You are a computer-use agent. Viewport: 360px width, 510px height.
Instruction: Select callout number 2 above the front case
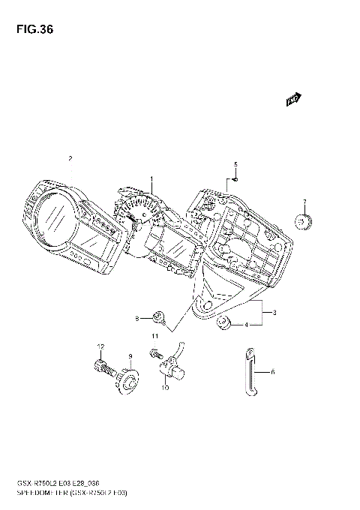(70, 159)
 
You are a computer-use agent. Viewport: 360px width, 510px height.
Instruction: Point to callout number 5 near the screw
(235, 164)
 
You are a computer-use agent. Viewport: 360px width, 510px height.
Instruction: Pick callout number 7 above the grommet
(304, 202)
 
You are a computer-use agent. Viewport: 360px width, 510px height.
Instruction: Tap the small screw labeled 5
(234, 178)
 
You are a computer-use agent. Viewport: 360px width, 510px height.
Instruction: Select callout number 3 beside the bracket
(275, 312)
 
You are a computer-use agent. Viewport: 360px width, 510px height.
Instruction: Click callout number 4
(245, 325)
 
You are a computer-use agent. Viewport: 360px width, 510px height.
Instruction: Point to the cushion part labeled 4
(223, 323)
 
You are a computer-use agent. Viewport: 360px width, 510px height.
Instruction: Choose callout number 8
(138, 319)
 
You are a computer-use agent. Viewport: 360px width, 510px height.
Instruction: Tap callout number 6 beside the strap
(272, 371)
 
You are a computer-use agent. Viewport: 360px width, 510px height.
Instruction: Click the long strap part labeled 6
(250, 371)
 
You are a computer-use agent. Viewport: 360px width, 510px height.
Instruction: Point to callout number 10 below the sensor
(165, 389)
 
